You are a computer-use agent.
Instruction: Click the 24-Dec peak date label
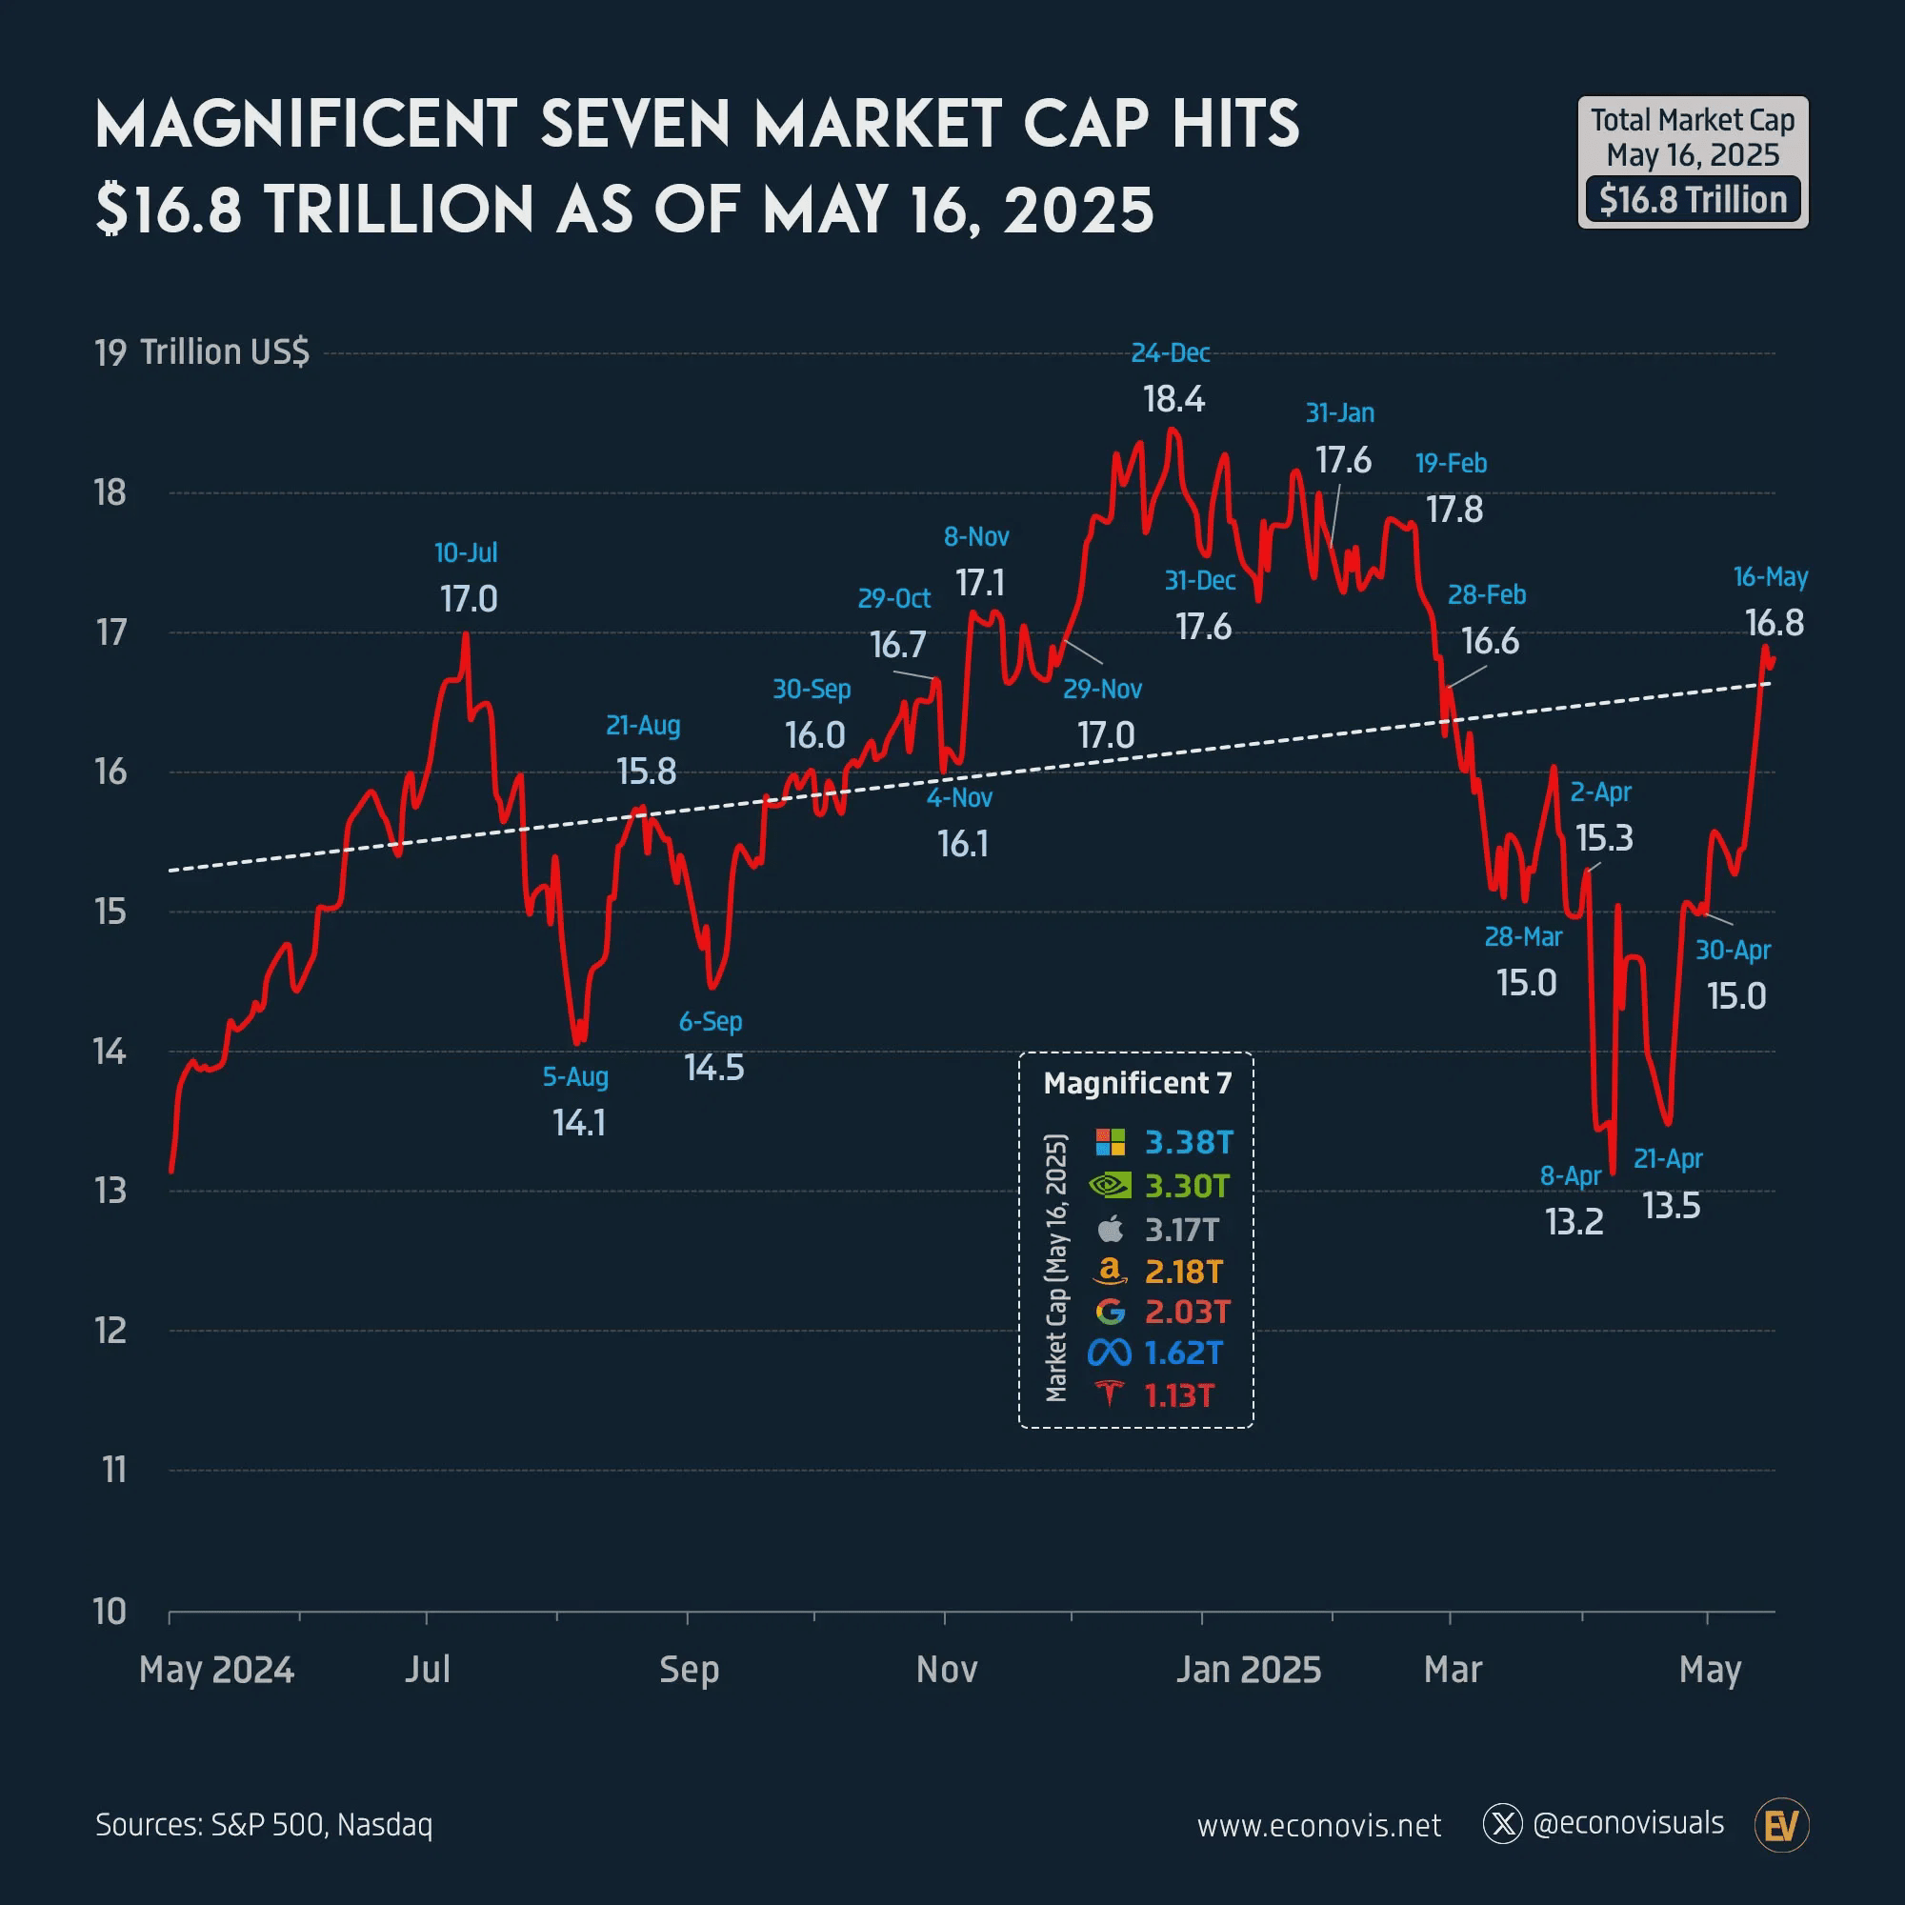pos(1170,353)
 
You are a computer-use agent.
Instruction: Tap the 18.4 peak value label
pos(1173,399)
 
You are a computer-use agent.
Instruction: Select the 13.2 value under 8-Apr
pos(1574,1222)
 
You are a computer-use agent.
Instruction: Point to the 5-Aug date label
pos(575,1076)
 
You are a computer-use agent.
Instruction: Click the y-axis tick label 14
pos(110,1053)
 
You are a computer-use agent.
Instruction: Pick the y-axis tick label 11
pos(113,1470)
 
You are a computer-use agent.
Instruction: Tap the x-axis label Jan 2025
pos(1248,1670)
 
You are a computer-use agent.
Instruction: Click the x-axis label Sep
pos(689,1670)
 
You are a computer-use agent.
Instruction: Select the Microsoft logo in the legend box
pos(1111,1142)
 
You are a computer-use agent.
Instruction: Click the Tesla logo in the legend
pos(1111,1394)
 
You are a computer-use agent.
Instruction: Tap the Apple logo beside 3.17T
pos(1111,1229)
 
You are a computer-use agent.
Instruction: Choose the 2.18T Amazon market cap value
pos(1183,1272)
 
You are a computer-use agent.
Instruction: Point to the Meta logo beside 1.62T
pos(1110,1353)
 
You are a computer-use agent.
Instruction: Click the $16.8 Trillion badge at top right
pos(1692,200)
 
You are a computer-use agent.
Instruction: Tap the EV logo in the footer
pos(1782,1826)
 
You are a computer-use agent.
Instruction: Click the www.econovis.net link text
pos(1318,1826)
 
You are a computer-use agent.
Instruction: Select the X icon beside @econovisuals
pos(1503,1825)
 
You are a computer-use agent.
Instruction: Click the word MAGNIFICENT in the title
pos(306,125)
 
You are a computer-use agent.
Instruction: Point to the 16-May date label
pos(1770,577)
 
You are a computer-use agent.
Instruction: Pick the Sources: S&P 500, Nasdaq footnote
pos(264,1825)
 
